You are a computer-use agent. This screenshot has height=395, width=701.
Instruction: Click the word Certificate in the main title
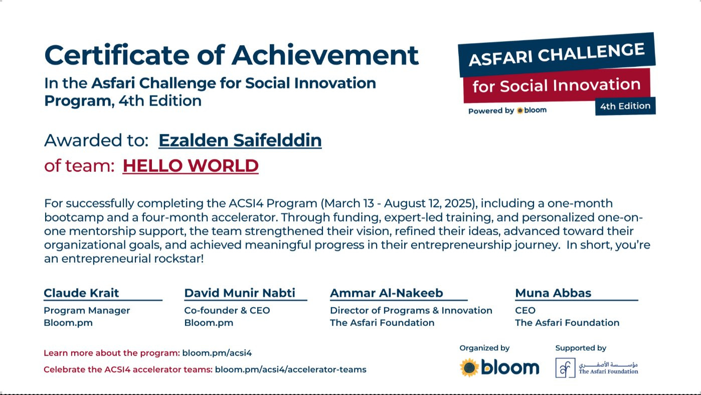point(117,55)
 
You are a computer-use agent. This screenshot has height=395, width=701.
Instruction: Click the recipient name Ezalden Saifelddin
point(240,141)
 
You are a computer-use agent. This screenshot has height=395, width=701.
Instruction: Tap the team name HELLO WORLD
point(191,166)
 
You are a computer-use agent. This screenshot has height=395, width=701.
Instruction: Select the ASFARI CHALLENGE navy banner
point(557,55)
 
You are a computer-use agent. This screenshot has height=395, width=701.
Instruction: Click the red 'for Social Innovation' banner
point(557,85)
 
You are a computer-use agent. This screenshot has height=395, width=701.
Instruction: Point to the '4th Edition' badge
point(625,106)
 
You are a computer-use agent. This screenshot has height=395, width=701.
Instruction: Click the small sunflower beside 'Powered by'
point(520,110)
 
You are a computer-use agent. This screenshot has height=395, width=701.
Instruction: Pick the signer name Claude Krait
point(81,293)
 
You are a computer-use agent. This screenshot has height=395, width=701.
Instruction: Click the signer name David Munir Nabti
point(240,293)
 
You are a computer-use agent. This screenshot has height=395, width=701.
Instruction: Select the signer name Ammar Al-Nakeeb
point(387,293)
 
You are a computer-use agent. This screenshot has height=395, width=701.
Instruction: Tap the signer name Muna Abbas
point(553,293)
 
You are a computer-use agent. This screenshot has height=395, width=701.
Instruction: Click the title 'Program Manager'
point(87,310)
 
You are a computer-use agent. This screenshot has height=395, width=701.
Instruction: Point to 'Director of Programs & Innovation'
point(411,310)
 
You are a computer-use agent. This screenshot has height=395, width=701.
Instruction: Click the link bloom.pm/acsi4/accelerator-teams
point(291,369)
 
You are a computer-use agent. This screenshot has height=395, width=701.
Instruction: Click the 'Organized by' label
point(484,348)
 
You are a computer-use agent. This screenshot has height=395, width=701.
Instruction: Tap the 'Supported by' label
point(581,348)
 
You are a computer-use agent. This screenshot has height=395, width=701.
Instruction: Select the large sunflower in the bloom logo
point(469,368)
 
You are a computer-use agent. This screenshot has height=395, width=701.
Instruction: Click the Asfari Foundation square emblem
point(566,368)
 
